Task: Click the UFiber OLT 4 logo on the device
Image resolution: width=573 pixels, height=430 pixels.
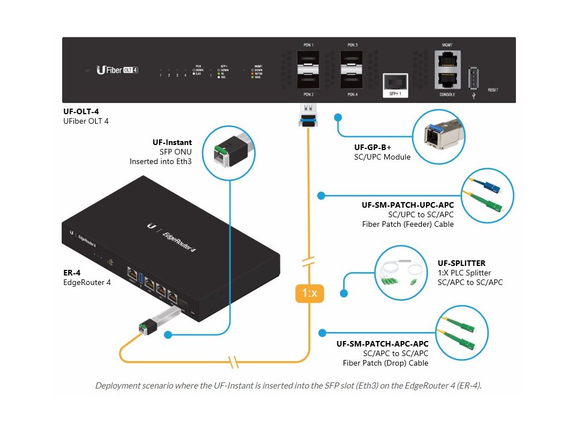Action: tap(118, 70)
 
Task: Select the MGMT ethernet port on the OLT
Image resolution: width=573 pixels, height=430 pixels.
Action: tap(447, 60)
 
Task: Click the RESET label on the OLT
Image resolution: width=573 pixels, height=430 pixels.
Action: tap(493, 90)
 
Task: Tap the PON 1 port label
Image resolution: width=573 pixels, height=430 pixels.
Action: tap(308, 45)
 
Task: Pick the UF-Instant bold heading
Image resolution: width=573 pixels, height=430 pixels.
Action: tap(172, 143)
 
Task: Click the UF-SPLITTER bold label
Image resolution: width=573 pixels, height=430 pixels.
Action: tap(461, 263)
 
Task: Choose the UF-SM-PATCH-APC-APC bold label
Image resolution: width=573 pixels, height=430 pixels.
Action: tap(382, 344)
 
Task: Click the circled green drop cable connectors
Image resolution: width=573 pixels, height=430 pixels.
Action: tap(462, 333)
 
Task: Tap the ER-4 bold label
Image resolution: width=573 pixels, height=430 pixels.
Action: tap(73, 273)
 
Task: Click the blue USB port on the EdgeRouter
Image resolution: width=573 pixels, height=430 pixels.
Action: tap(142, 276)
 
